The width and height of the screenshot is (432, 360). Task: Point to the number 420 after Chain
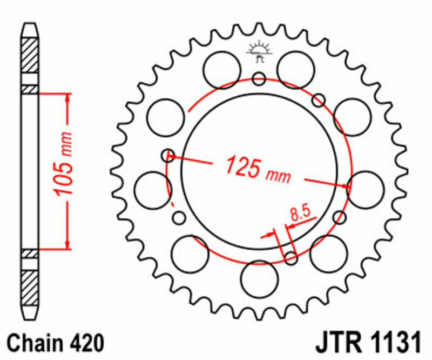point(85,343)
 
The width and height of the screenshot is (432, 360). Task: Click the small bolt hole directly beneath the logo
point(259,79)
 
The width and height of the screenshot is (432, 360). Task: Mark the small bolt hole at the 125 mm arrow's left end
point(168,156)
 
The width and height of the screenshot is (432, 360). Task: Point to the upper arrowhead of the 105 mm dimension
point(67,98)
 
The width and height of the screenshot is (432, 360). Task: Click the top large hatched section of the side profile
point(30,56)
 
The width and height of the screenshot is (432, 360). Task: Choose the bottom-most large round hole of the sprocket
point(259,278)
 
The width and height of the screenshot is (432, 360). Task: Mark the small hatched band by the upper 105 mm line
point(30,89)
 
